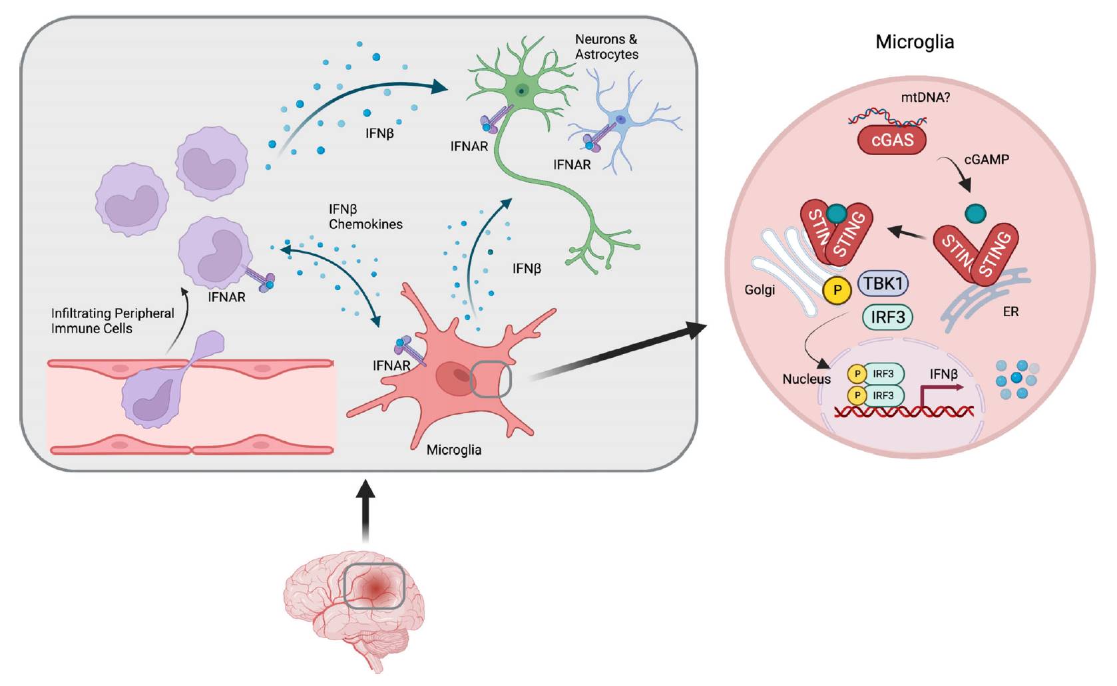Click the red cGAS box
pos(892,140)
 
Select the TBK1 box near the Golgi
pos(883,283)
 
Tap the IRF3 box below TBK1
pos(888,317)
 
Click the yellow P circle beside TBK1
pos(837,290)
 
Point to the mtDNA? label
pos(925,98)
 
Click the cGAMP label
pos(987,160)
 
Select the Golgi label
pos(760,290)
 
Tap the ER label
pos(1010,311)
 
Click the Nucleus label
pos(806,379)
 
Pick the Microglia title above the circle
pos(915,42)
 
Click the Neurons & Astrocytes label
pos(606,47)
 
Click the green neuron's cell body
pos(522,90)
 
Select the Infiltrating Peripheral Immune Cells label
pos(112,321)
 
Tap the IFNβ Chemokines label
pos(365,217)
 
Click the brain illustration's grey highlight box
pos(374,586)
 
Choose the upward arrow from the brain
pos(365,512)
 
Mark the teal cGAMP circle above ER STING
pos(975,214)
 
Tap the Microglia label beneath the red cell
pos(454,450)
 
